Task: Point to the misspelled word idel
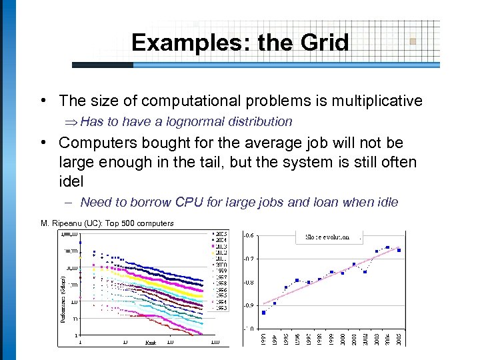coord(71,181)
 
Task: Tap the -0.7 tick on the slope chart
coord(248,258)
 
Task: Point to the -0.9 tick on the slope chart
coord(248,305)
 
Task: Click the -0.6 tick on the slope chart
coord(248,235)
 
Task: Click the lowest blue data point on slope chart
coord(264,312)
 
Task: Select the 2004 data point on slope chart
coord(387,247)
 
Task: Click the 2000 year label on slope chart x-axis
coord(343,339)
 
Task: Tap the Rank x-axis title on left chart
coord(151,342)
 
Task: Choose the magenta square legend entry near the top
coord(213,246)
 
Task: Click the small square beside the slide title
coord(413,41)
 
